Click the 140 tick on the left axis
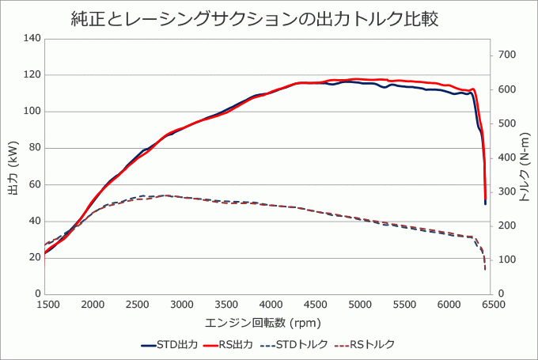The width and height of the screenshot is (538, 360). click(32, 38)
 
